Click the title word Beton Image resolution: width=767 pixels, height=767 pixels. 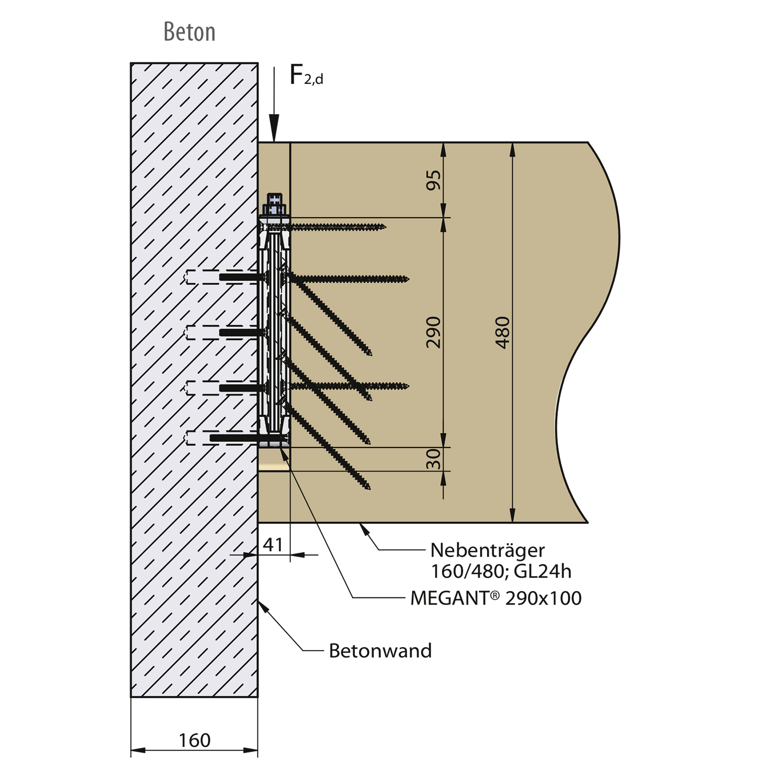(189, 32)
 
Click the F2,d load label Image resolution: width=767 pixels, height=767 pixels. (306, 76)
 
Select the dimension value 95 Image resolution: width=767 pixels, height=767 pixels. (433, 180)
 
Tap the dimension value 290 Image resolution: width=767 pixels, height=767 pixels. (433, 332)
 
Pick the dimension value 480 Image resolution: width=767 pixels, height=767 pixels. (502, 332)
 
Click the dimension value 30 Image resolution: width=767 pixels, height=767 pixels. (433, 459)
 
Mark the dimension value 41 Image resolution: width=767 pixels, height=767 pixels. (273, 545)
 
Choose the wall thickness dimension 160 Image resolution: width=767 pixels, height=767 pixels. (195, 740)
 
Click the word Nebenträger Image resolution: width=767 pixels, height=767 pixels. (488, 550)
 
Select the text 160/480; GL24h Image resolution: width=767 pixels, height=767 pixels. (501, 571)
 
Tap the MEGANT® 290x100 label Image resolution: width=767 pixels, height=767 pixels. (496, 598)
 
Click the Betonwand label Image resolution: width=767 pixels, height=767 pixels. (380, 651)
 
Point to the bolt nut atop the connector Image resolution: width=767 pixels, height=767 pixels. (275, 204)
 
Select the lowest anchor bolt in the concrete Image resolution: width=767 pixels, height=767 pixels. (235, 438)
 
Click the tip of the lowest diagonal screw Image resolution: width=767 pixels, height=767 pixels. (369, 488)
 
